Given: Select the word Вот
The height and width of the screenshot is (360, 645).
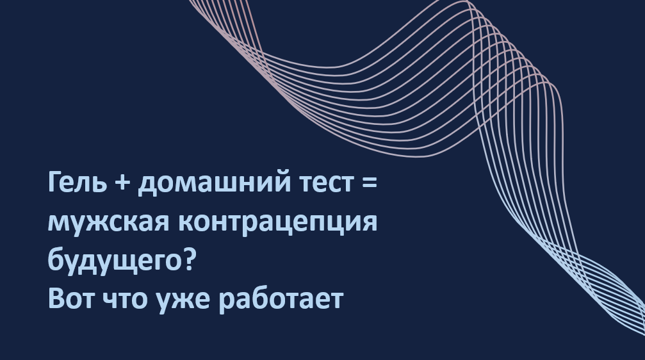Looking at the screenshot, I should tap(70, 299).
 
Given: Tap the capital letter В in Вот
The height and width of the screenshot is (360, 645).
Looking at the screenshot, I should tap(56, 298).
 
